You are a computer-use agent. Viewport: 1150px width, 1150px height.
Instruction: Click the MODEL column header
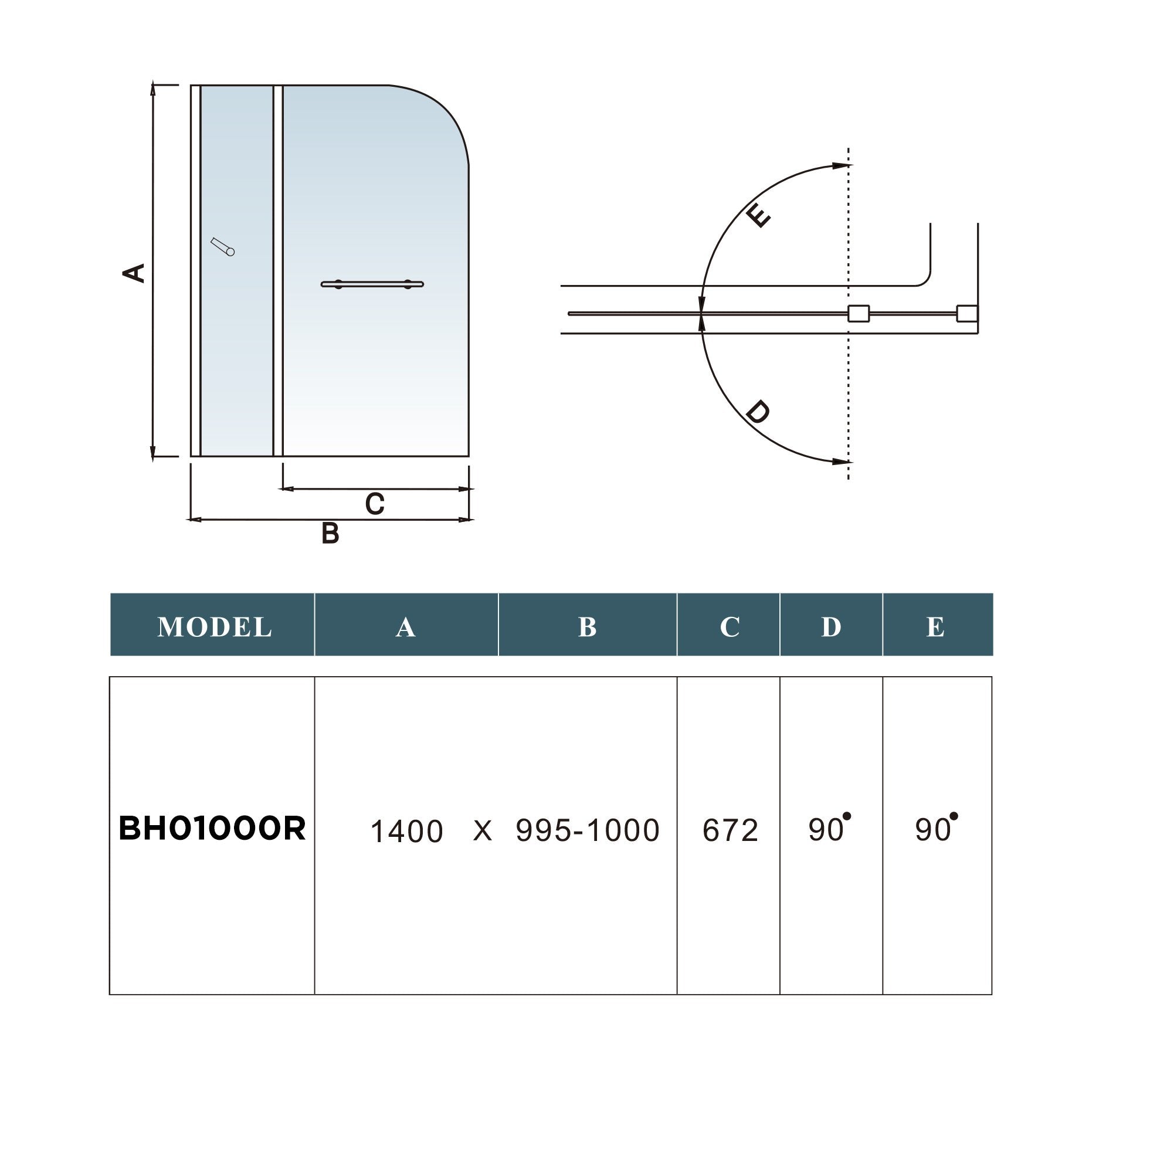coord(214,627)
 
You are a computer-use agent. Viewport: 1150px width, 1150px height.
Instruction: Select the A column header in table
coord(405,627)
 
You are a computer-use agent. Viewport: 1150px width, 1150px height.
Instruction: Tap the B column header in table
coord(587,627)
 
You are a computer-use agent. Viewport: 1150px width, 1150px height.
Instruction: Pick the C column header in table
coord(729,627)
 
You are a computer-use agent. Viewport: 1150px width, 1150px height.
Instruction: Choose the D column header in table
coord(831,627)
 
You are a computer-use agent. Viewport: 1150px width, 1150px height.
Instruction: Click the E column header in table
coord(935,627)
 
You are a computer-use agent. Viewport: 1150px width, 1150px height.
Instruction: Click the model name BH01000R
coord(212,829)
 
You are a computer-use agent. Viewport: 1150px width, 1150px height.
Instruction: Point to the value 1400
coord(406,831)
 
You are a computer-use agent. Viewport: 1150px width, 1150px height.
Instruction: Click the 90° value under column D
coord(828,829)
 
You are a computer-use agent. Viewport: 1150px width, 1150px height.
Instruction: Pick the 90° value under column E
coord(935,829)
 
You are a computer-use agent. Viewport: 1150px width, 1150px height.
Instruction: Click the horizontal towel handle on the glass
coord(372,284)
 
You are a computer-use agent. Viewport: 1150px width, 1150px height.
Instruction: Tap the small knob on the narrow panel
coord(223,247)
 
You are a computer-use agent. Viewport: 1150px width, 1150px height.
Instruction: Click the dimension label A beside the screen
coord(134,273)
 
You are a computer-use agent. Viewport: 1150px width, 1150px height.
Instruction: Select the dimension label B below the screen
coord(330,533)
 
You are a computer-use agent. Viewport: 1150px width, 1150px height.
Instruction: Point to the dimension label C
coord(374,504)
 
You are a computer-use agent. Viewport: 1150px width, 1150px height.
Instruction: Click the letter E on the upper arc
coord(759,215)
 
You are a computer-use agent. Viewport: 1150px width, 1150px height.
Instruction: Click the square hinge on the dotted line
coord(859,314)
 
